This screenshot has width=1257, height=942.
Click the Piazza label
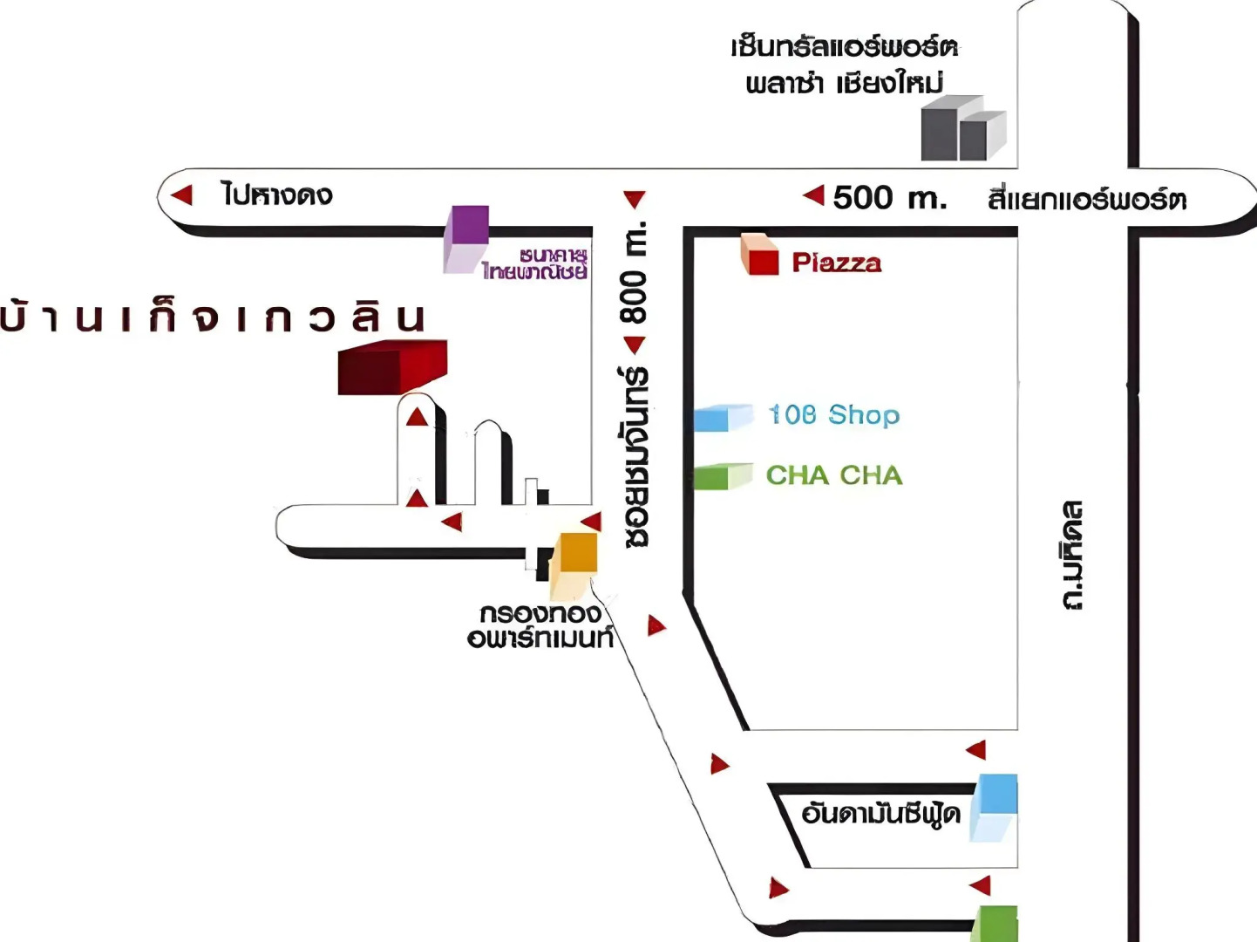point(836,263)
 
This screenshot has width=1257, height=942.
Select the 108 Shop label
point(833,414)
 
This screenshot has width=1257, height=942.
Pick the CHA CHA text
point(834,475)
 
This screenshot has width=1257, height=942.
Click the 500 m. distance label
point(889,198)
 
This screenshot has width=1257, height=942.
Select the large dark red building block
point(392,367)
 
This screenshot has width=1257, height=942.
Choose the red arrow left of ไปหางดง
point(181,195)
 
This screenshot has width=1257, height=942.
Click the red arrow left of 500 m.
point(813,195)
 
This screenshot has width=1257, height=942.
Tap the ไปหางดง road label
point(276,195)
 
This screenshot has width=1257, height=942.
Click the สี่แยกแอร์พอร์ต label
point(1086,200)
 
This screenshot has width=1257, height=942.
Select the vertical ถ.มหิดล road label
point(1072,555)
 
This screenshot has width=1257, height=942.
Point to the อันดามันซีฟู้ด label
point(880,814)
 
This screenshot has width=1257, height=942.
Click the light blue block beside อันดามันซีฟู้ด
point(995,806)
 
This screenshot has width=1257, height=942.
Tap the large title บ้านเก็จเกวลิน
point(214,317)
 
